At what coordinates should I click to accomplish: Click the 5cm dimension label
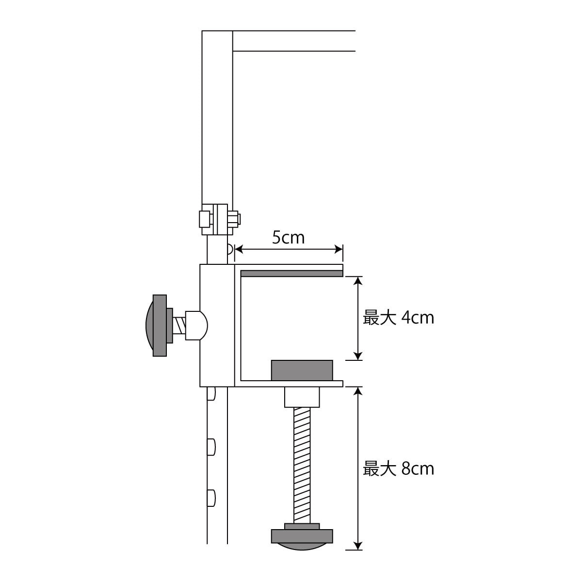[x=288, y=238]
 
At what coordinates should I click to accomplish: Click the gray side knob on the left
[x=159, y=325]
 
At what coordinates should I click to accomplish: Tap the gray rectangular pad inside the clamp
[x=302, y=370]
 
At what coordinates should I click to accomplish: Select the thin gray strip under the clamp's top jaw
[x=291, y=274]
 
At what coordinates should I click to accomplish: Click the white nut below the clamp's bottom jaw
[x=302, y=397]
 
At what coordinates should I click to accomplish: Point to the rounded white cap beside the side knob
[x=196, y=325]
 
